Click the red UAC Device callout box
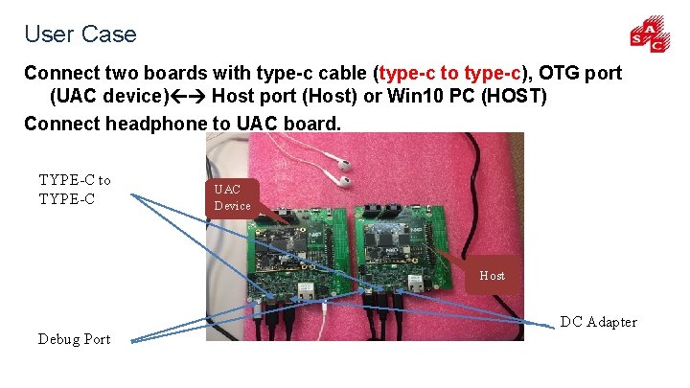[233, 198]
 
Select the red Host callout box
[492, 275]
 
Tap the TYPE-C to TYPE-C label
[75, 190]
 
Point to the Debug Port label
[74, 338]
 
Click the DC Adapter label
[598, 322]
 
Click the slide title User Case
[80, 34]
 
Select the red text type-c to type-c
[450, 73]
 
